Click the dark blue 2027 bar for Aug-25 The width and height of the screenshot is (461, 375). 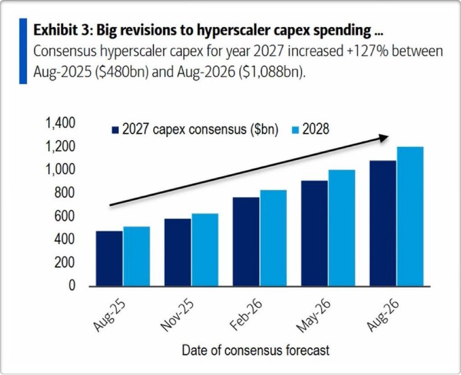110,258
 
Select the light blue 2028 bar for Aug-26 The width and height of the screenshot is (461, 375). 410,216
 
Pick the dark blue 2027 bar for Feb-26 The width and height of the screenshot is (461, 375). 246,241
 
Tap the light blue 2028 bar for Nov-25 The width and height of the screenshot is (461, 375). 205,250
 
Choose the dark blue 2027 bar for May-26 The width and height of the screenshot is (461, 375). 315,233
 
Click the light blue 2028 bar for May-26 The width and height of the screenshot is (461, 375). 342,228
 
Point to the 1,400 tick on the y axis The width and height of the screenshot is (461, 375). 60,123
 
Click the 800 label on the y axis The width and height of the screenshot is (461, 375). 65,193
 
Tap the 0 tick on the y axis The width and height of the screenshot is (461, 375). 72,285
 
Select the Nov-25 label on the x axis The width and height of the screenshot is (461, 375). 177,315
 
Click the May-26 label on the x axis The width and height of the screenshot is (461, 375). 313,316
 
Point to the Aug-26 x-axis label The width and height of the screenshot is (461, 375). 383,316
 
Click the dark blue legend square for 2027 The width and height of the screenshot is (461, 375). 116,130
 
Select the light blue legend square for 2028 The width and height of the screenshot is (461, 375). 296,130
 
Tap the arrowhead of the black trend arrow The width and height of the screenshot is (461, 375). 383,138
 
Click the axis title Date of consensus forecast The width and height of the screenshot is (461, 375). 256,350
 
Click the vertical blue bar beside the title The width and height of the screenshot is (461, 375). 23,51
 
